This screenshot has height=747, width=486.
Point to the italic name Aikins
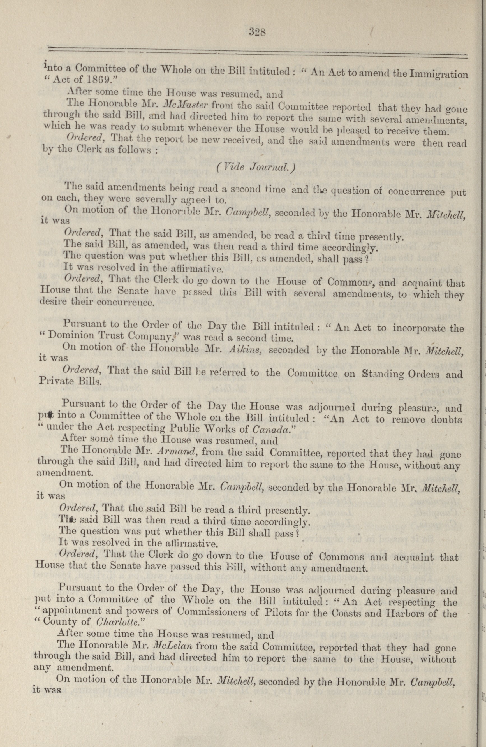click(x=244, y=350)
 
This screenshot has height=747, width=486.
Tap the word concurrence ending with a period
click(x=126, y=303)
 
